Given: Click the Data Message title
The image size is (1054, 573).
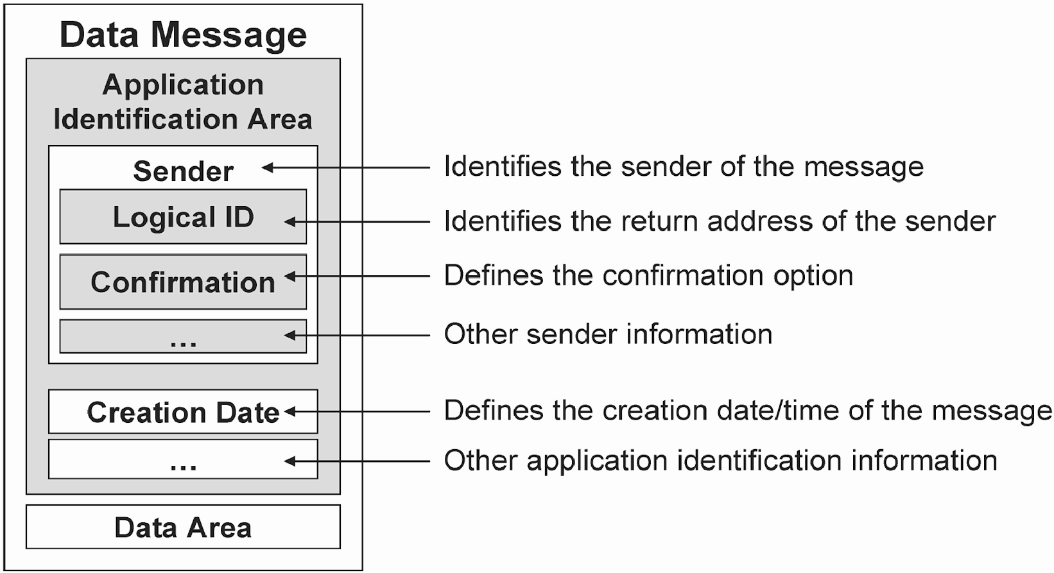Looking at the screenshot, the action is [x=183, y=35].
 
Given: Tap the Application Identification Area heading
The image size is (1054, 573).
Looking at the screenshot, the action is [x=183, y=101].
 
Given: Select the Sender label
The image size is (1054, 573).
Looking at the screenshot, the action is [x=183, y=171].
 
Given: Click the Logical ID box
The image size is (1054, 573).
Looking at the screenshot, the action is [x=183, y=216].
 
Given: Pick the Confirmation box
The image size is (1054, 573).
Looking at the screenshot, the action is [x=183, y=282].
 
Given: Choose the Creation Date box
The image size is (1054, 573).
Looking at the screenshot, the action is [x=183, y=412].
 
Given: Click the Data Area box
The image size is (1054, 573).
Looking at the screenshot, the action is [x=183, y=527].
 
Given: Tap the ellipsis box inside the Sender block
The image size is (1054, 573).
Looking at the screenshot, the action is [x=183, y=336].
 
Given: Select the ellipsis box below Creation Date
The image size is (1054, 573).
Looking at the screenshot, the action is [x=183, y=459].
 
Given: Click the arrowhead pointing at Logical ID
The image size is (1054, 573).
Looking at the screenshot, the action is [x=290, y=221].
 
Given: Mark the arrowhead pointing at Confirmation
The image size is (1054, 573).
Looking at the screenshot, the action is [x=290, y=276].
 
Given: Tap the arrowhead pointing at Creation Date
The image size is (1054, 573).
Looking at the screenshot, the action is [x=290, y=412].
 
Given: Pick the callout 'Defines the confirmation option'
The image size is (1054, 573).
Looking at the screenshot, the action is [x=649, y=276].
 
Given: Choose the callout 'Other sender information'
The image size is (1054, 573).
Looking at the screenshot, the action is [x=609, y=334].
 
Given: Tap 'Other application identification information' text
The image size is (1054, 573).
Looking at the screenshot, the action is [x=721, y=461].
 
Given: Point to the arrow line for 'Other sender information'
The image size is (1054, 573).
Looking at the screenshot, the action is [x=357, y=336].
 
